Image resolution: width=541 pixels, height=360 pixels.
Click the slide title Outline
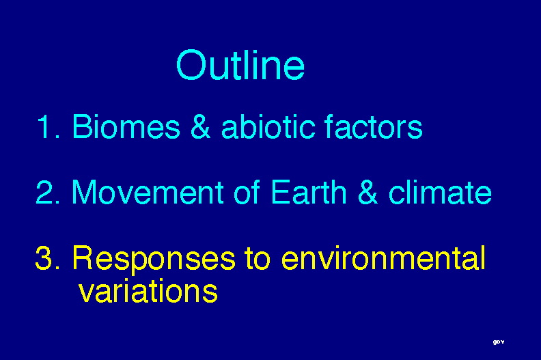pos(240,65)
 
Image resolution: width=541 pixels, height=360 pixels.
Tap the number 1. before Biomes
pos(48,126)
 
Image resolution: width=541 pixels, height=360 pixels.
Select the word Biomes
pos(126,126)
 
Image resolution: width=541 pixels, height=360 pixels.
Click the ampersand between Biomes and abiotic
pos(200,126)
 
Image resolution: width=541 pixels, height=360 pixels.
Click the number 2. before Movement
pos(48,192)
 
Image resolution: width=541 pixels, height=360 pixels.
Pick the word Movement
pos(148,192)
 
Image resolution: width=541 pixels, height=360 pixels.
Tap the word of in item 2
pos(247,192)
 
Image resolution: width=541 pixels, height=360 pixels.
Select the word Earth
pos(308,192)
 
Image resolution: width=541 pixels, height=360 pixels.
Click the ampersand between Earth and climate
pos(367,192)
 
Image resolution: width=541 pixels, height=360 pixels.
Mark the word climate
pos(440,192)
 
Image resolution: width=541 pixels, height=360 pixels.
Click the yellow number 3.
pos(48,258)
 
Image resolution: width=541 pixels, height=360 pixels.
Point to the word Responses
pos(154,260)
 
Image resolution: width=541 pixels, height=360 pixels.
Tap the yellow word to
pos(258,258)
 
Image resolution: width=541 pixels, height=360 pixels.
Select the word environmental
pos(383,258)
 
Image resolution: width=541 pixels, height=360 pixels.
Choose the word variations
pos(148,291)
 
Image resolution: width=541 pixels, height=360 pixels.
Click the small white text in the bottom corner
pos(499,342)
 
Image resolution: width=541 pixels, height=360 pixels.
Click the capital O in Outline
pos(189,65)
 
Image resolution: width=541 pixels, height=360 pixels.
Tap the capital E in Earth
pos(279,192)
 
